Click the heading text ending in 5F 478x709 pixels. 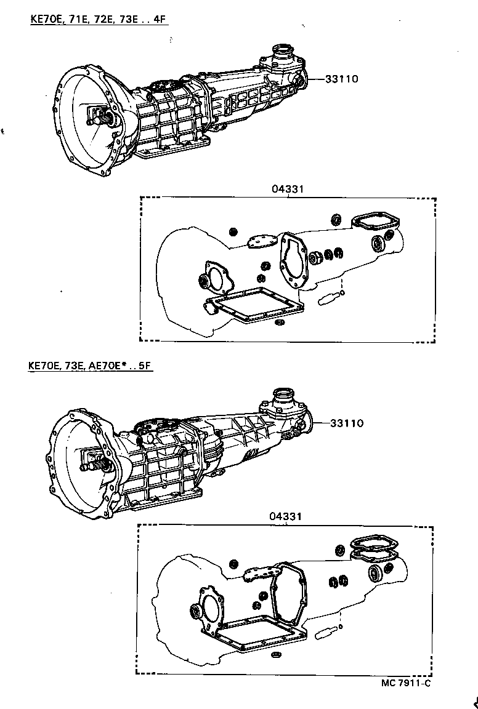(x=90, y=366)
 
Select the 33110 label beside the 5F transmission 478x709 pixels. (x=346, y=423)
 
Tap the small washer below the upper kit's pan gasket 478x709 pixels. (x=279, y=322)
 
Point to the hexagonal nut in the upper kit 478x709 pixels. (x=315, y=257)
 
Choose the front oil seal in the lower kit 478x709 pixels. (x=196, y=611)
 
